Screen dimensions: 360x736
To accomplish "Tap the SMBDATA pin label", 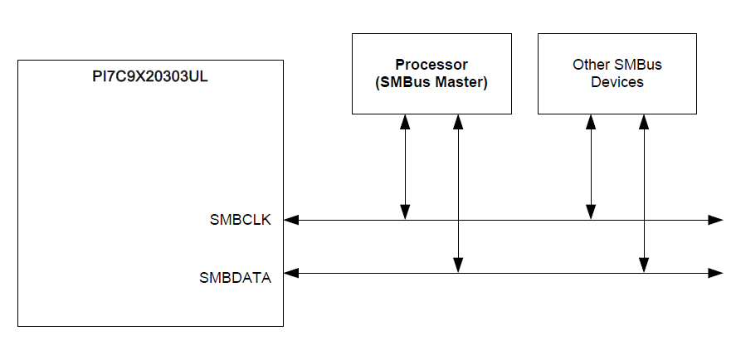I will pyautogui.click(x=235, y=278).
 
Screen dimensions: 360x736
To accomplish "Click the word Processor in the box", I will pyautogui.click(x=431, y=65).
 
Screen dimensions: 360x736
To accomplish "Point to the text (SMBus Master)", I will pyautogui.click(x=431, y=82).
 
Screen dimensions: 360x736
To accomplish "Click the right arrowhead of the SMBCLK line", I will pyautogui.click(x=715, y=220).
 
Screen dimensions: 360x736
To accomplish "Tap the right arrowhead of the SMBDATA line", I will pyautogui.click(x=715, y=272).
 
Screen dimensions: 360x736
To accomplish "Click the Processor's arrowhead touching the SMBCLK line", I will pyautogui.click(x=406, y=213).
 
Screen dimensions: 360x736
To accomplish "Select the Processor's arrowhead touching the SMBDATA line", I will pyautogui.click(x=458, y=265).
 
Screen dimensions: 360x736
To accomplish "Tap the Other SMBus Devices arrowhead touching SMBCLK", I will pyautogui.click(x=592, y=213).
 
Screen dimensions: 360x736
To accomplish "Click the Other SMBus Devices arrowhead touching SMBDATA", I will pyautogui.click(x=644, y=265).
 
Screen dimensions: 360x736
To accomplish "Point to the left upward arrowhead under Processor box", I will pyautogui.click(x=406, y=121).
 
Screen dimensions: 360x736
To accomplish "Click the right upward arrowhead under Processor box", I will pyautogui.click(x=458, y=121).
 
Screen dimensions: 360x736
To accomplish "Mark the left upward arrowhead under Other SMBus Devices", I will pyautogui.click(x=592, y=121).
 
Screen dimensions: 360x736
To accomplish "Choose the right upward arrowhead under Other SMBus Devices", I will pyautogui.click(x=644, y=121).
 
